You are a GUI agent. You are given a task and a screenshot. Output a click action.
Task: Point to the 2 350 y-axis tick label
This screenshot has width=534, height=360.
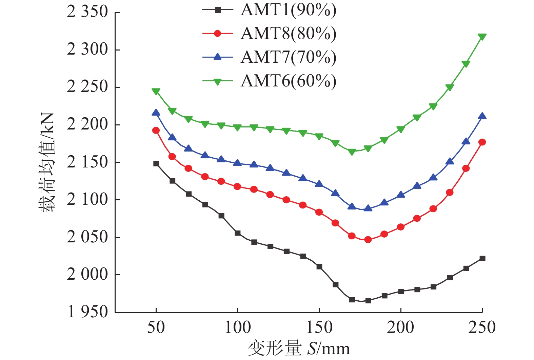(x=87, y=12)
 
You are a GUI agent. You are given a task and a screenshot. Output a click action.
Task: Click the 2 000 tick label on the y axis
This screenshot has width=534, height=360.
(x=87, y=275)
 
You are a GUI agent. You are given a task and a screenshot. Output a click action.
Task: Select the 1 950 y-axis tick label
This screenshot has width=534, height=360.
(x=87, y=312)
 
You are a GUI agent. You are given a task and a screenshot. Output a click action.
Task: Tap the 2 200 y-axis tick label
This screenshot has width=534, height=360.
(x=87, y=125)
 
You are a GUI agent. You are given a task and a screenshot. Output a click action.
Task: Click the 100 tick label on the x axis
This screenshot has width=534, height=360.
(x=237, y=327)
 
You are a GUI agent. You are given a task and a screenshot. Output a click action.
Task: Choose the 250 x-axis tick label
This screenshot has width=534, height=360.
(x=482, y=327)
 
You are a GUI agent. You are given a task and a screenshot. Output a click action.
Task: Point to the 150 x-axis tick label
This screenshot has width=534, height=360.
(x=319, y=327)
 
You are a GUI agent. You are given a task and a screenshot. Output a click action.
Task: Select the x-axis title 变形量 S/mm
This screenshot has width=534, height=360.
(x=299, y=348)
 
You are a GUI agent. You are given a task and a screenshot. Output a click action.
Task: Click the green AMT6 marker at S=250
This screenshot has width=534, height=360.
(x=482, y=37)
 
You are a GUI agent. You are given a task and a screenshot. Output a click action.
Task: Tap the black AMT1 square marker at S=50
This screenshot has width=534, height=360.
(x=156, y=164)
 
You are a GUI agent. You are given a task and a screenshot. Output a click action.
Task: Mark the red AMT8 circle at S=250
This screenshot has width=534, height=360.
(x=482, y=142)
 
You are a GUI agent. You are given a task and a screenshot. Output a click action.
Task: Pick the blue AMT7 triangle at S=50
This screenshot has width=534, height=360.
(x=156, y=113)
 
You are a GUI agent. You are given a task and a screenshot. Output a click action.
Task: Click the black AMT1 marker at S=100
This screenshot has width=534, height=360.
(x=237, y=233)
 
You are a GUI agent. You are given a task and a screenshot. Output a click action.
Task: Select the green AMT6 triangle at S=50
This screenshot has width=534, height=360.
(x=156, y=91)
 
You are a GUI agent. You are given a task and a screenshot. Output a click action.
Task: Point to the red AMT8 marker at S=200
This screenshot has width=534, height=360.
(x=401, y=227)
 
